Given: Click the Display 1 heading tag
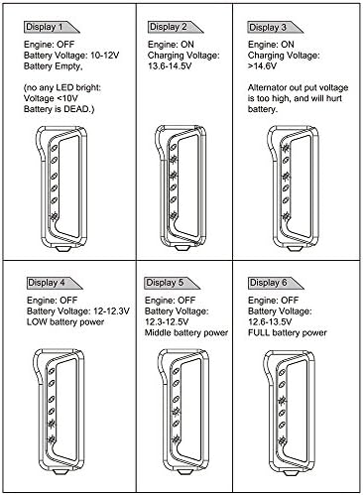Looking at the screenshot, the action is [52, 27].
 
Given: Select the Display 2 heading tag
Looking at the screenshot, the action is [176, 27].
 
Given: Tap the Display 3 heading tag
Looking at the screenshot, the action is [275, 27].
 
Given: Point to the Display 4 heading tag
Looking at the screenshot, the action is [55, 283].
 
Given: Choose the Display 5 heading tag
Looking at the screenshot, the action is [172, 283].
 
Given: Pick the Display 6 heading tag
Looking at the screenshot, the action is [276, 283].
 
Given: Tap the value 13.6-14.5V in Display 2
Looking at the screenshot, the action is [170, 66].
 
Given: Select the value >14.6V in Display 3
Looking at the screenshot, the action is [262, 66].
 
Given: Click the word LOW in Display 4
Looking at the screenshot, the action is [37, 321].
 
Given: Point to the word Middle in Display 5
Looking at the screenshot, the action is [158, 332].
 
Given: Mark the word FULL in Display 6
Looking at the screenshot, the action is [259, 332].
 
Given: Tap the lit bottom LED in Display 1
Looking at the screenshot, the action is [54, 216].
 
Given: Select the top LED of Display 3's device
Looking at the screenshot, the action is [286, 148].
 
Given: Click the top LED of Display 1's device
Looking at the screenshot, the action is [54, 148].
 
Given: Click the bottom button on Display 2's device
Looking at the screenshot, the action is [181, 247].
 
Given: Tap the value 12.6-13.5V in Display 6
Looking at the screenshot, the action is [270, 321].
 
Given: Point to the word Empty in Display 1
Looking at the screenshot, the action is [67, 66].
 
